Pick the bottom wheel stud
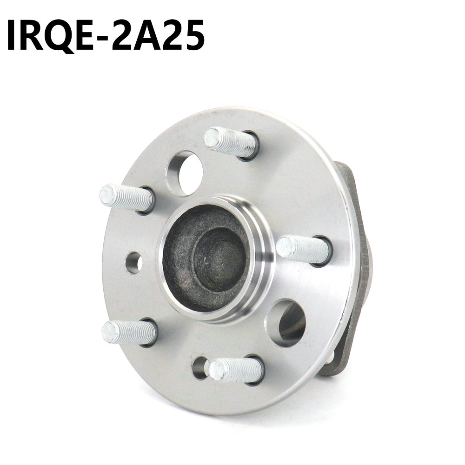click(236, 370)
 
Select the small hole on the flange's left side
click(134, 262)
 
